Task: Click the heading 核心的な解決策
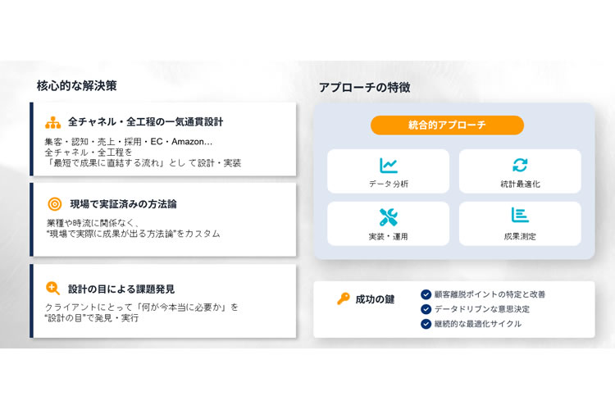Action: click(x=77, y=85)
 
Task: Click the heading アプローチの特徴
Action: click(x=365, y=87)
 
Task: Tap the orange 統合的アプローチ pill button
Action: click(x=447, y=125)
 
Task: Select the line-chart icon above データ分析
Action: click(x=389, y=165)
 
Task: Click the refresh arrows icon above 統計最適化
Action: click(x=520, y=165)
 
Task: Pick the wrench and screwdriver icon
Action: click(x=389, y=217)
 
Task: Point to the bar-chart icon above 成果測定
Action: click(x=520, y=215)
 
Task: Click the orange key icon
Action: click(x=344, y=298)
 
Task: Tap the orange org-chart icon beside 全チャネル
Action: click(x=53, y=122)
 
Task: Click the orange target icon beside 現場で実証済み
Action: click(x=55, y=204)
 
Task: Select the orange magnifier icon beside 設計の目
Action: click(x=52, y=289)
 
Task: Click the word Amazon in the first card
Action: click(x=188, y=142)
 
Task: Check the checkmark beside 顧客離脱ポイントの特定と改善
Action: click(x=426, y=294)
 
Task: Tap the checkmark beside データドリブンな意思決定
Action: click(x=426, y=309)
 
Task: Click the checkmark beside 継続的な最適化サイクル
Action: click(x=426, y=324)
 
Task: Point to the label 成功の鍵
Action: click(x=375, y=299)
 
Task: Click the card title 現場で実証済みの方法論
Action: click(x=123, y=204)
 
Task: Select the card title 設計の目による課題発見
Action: click(x=121, y=289)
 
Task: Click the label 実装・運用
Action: click(x=389, y=237)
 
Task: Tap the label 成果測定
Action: click(x=520, y=237)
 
